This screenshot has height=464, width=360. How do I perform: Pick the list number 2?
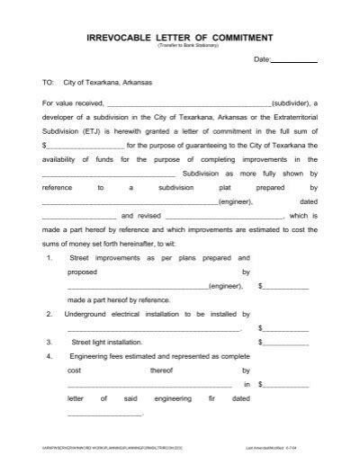[x=49, y=316]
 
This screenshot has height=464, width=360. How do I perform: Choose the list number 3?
[x=49, y=342]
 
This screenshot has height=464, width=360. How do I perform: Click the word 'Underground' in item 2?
[x=91, y=316]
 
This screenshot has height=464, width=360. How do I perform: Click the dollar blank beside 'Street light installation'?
[x=284, y=343]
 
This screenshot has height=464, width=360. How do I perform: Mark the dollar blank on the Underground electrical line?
[x=284, y=329]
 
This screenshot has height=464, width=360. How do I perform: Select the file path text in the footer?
[x=107, y=447]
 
